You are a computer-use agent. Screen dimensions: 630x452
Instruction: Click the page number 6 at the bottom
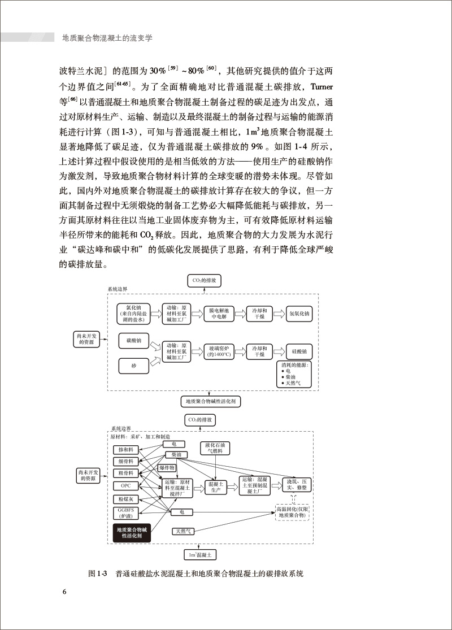click(64, 592)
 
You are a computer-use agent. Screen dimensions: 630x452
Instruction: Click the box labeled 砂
click(134, 366)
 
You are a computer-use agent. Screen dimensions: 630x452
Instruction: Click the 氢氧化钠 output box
click(299, 313)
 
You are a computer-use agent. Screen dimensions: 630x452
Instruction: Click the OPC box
click(126, 485)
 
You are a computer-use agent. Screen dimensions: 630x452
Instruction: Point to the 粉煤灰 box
click(126, 498)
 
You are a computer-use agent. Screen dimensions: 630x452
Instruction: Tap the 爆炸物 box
click(168, 468)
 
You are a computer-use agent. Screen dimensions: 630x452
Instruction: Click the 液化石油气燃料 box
click(216, 449)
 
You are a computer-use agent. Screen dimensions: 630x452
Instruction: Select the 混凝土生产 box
click(216, 488)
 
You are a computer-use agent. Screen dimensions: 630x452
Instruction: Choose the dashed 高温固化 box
click(292, 512)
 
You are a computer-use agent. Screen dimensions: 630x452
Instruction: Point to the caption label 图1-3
click(98, 573)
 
